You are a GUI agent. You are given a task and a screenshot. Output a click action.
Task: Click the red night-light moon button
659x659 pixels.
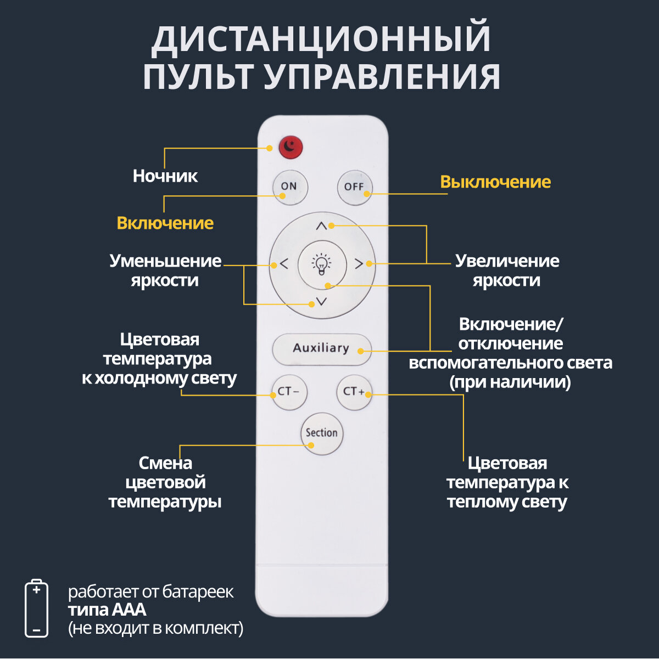[x=291, y=147]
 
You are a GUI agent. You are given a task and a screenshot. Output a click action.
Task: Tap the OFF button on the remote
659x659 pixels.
[x=354, y=187]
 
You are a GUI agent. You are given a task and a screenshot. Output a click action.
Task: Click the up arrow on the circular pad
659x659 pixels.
[x=321, y=226]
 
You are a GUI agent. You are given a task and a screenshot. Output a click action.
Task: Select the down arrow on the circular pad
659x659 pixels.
[x=321, y=301]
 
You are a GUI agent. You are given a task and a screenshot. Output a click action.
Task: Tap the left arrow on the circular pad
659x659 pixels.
[x=283, y=264]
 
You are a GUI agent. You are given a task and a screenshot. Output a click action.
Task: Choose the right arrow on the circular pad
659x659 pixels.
[x=359, y=264]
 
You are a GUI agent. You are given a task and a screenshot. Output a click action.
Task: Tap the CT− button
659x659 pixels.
[x=289, y=392]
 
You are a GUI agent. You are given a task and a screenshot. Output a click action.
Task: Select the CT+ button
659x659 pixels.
[x=354, y=392]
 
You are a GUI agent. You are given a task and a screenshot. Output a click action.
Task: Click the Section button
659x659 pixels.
[x=322, y=433]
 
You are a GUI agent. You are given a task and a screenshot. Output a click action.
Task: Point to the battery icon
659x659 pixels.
[x=36, y=608]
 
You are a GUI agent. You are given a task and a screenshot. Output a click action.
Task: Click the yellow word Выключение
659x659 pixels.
[x=495, y=182]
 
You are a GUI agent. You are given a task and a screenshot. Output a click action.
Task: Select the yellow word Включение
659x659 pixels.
[x=165, y=223]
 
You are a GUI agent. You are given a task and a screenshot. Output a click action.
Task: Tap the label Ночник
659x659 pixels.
[x=165, y=176]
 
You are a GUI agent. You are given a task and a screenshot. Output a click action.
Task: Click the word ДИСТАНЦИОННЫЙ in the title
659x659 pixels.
[x=321, y=38]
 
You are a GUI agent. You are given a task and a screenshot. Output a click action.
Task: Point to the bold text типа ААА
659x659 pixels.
[x=107, y=610]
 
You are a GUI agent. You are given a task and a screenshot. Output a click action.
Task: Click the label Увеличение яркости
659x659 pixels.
[x=507, y=270]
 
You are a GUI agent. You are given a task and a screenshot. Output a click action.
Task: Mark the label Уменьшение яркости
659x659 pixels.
[x=165, y=270]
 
